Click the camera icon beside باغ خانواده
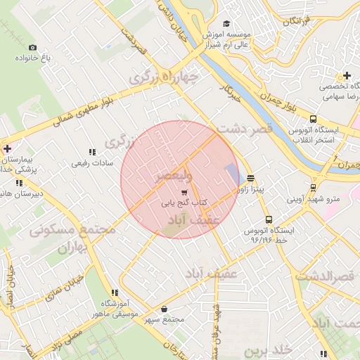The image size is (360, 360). (32, 48)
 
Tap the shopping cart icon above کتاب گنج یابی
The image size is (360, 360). (184, 193)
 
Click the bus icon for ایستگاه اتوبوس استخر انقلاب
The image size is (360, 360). (313, 120)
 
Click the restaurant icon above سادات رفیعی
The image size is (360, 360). (91, 152)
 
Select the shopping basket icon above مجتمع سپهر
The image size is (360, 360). (164, 309)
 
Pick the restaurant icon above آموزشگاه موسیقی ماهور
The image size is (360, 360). (114, 292)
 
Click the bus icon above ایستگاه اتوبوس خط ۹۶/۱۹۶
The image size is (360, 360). (269, 219)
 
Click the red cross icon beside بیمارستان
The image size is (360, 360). (7, 149)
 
